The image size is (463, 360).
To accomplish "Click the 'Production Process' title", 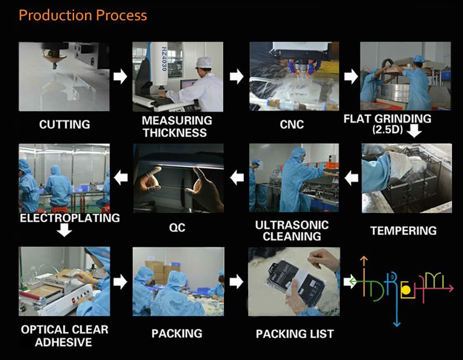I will click(83, 15).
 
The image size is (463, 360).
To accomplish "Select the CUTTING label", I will click(65, 124).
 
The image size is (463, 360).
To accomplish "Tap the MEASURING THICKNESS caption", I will click(177, 126).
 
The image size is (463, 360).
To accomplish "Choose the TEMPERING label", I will click(403, 230).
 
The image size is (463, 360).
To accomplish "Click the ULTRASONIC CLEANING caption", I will click(292, 230).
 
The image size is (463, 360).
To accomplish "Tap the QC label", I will click(177, 227).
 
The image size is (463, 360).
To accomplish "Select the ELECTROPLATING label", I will click(69, 218).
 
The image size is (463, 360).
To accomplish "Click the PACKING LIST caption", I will click(295, 333).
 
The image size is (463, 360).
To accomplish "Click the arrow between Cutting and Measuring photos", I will click(120, 76).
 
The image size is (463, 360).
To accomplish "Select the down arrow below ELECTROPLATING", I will click(65, 230).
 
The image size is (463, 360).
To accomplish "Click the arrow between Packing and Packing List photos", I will click(236, 281).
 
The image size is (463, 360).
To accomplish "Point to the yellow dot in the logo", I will click(407, 289).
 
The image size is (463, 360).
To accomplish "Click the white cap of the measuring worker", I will click(202, 62).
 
